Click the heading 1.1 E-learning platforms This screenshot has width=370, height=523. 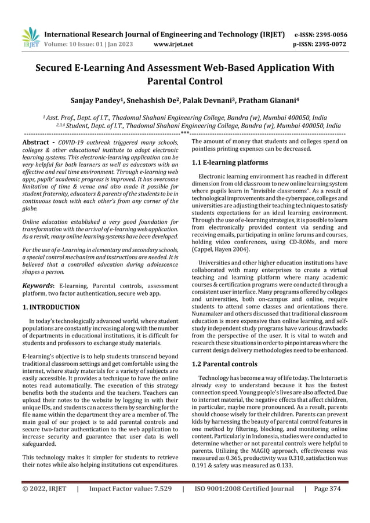coord(230,163)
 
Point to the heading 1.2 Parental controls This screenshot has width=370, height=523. coord(224,364)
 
